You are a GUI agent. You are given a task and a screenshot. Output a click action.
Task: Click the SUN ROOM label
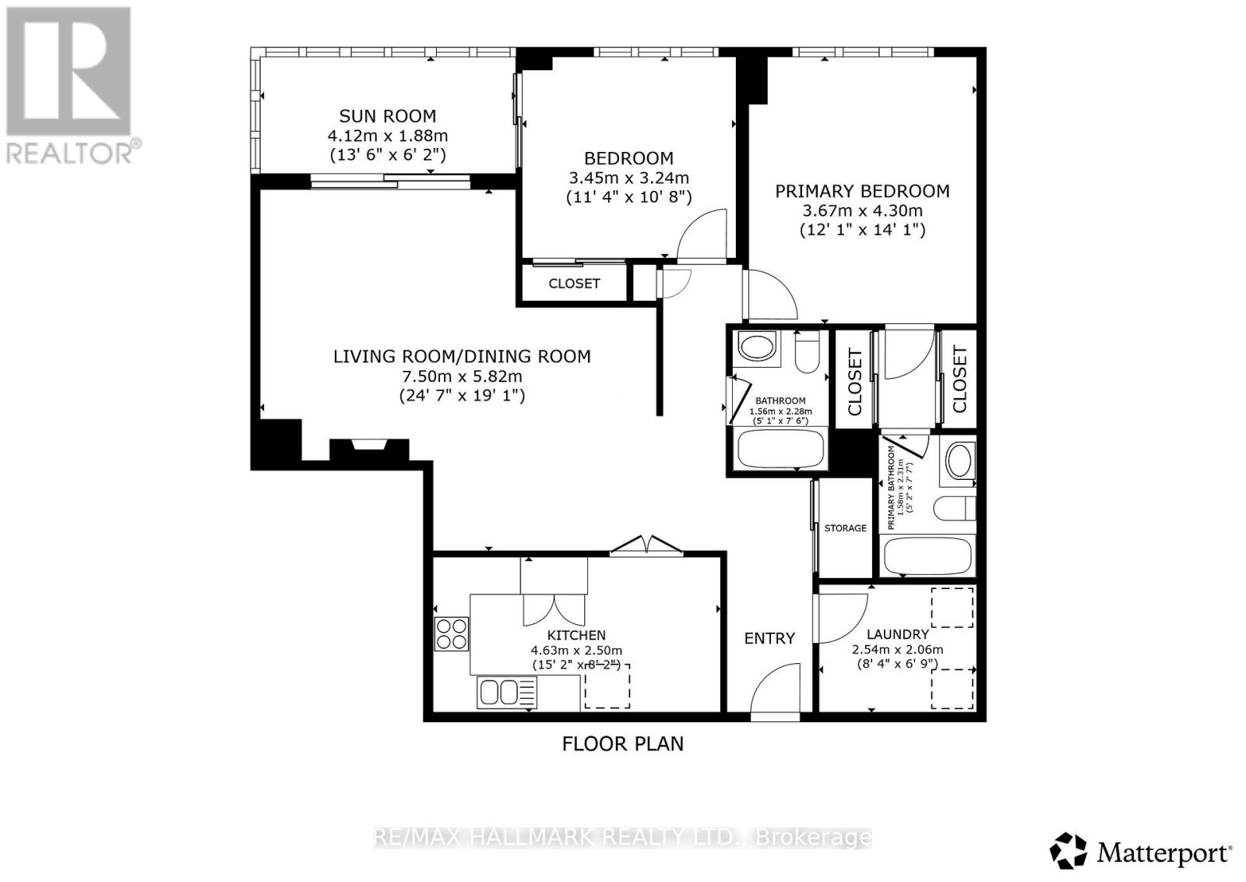tap(387, 117)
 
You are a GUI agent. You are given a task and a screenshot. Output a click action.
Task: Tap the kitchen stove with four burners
tap(452, 633)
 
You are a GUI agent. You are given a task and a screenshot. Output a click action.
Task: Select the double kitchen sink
tap(498, 692)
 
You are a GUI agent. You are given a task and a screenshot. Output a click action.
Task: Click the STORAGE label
tap(845, 528)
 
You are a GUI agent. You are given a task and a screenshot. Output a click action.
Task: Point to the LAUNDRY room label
tap(897, 634)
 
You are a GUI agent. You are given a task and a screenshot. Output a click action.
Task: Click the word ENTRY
tap(769, 638)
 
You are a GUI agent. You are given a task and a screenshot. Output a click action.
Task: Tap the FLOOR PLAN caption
tap(622, 743)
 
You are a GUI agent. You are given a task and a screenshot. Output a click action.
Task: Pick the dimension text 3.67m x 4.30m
tap(862, 210)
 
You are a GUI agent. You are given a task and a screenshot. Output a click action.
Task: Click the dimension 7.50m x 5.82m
tap(462, 376)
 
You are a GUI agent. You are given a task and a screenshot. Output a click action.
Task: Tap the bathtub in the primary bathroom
tap(927, 555)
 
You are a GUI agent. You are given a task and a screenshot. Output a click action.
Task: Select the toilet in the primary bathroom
tap(956, 508)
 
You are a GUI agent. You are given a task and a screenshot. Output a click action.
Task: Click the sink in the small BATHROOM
tap(756, 346)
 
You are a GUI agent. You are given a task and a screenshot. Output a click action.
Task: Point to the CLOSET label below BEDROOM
tap(574, 284)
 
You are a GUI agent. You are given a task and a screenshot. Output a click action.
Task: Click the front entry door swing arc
tap(773, 690)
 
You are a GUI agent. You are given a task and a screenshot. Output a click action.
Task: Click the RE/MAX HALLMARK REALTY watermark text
tap(622, 838)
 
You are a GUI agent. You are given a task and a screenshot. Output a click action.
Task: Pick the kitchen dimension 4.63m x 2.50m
tap(576, 651)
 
